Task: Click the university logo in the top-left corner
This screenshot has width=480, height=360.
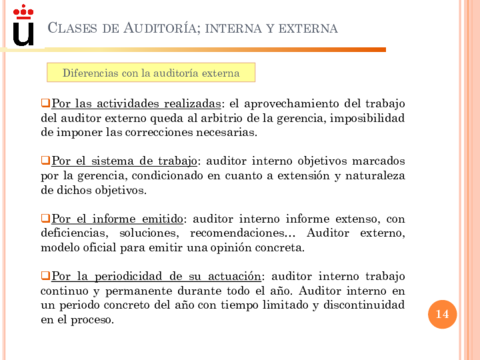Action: point(22,25)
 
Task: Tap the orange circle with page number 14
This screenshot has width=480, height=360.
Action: point(442,316)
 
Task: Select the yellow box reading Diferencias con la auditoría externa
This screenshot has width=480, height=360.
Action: point(151,73)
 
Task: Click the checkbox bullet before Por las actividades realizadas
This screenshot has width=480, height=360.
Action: point(45,102)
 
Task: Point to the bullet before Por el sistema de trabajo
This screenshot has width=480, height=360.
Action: point(45,160)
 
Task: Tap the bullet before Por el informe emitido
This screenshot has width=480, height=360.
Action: point(45,217)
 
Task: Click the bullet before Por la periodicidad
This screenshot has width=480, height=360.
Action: point(45,275)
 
